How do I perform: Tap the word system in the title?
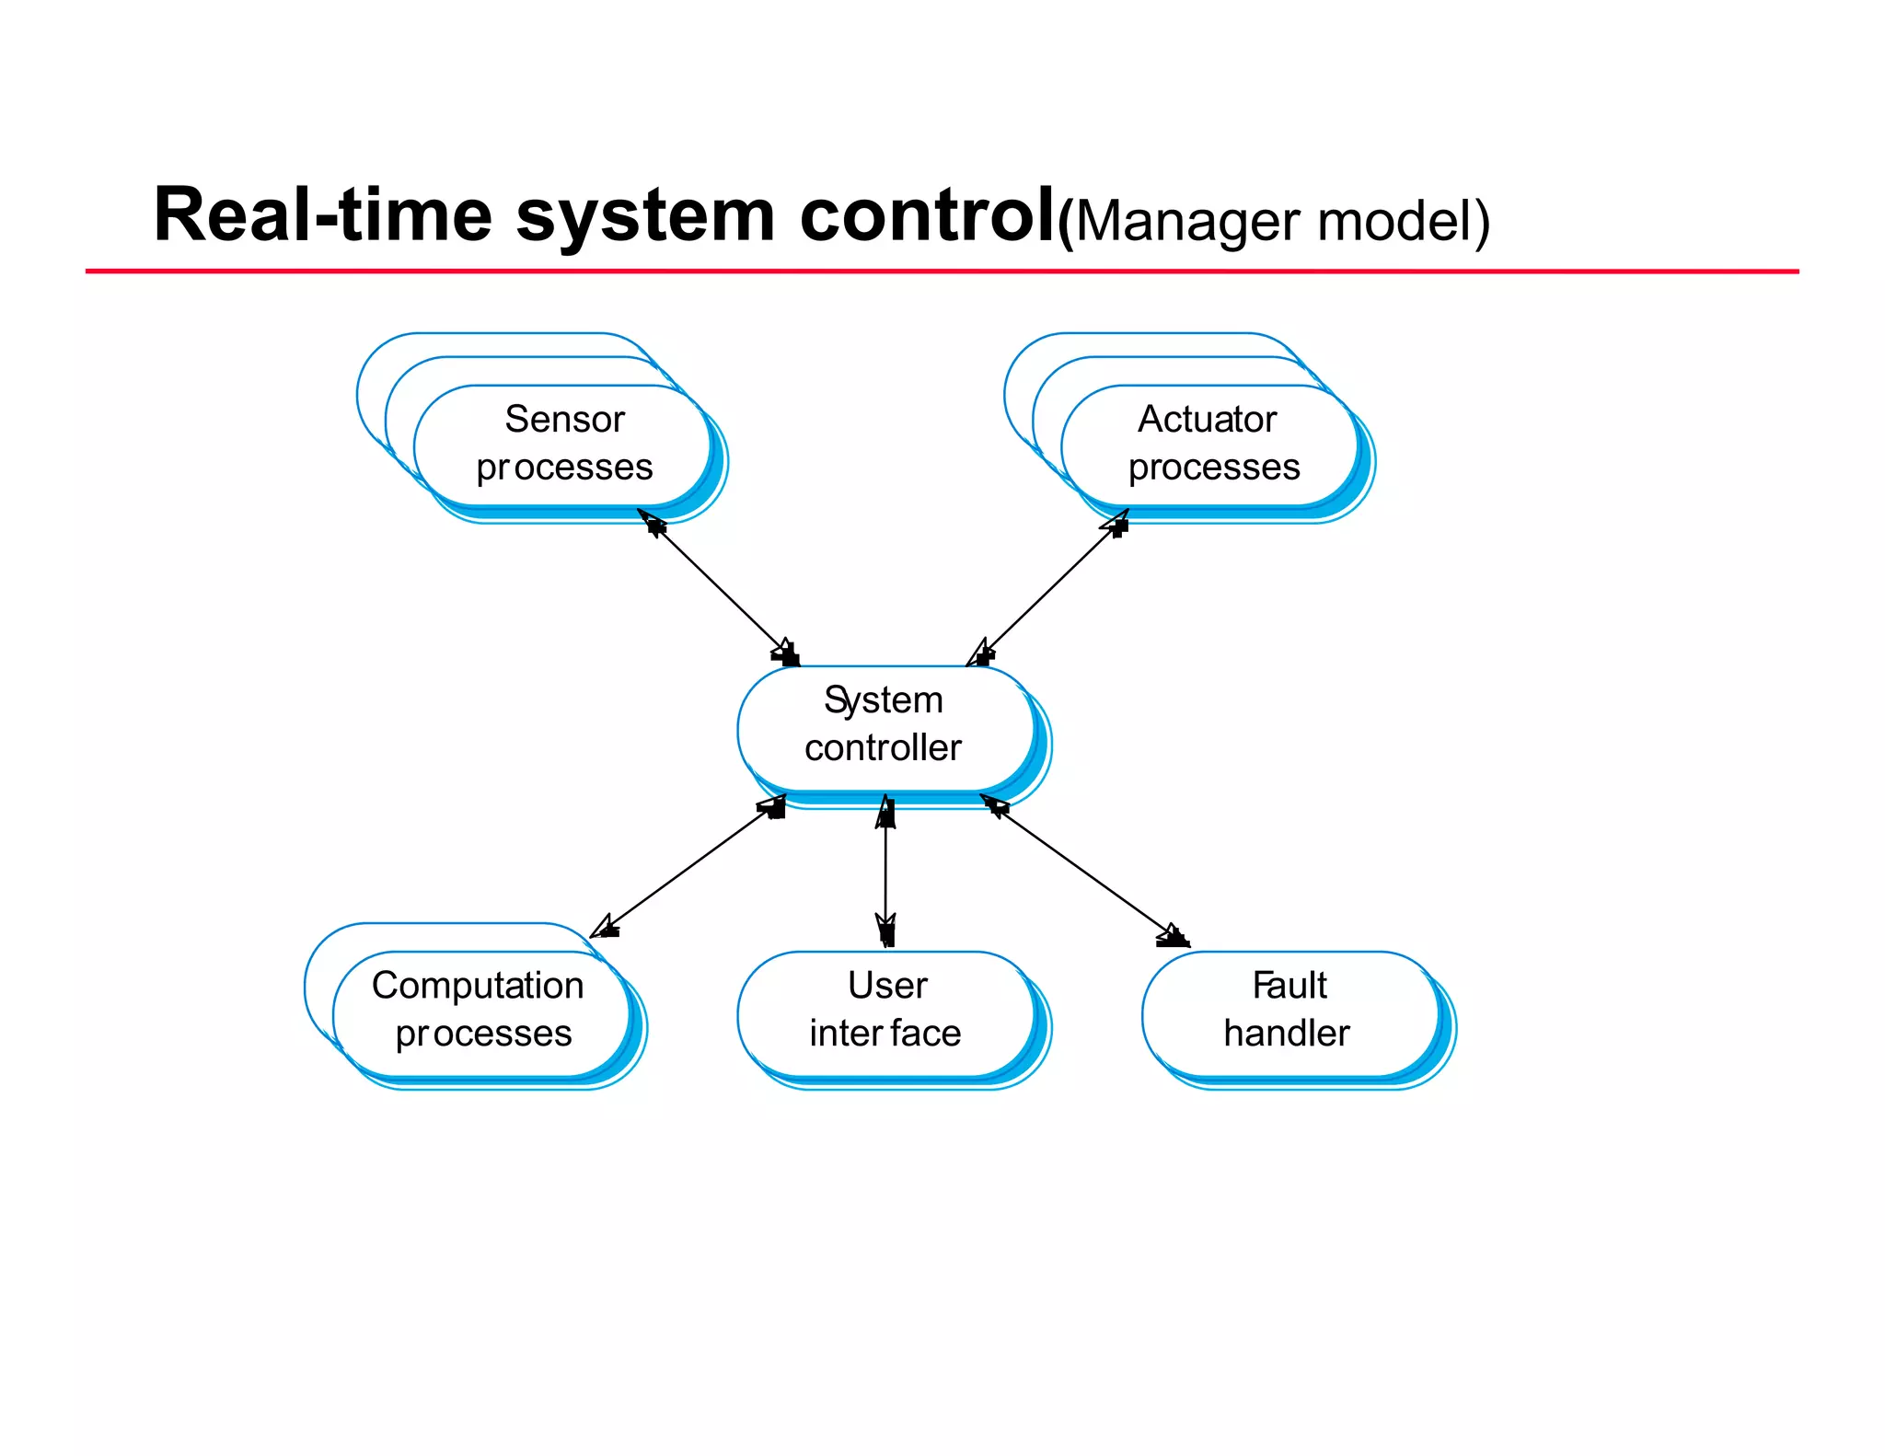(x=645, y=217)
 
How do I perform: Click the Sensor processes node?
(x=563, y=445)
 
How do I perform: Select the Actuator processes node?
(x=1210, y=445)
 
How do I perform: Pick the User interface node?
(x=885, y=1011)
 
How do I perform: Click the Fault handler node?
(x=1289, y=1011)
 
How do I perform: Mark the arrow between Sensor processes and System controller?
(x=719, y=587)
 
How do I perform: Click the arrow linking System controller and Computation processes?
(x=689, y=868)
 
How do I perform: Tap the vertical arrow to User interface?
(x=885, y=870)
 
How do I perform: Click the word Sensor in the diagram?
(x=564, y=420)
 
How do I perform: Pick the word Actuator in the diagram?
(x=1207, y=420)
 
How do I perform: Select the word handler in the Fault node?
(x=1287, y=1034)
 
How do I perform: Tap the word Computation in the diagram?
(x=478, y=986)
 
